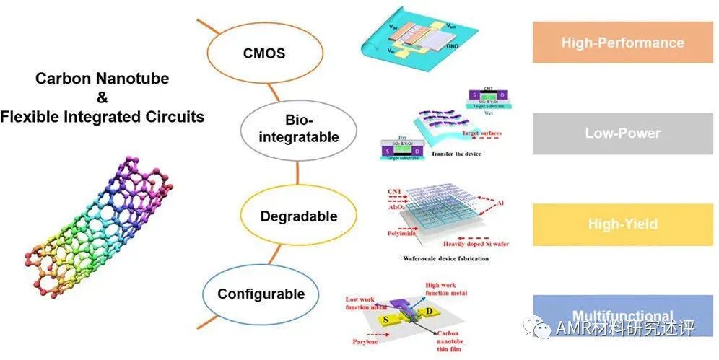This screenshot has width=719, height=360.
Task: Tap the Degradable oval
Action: pos(299,216)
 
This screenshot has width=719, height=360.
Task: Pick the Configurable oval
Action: pos(261,294)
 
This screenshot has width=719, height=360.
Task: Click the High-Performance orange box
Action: pos(622,43)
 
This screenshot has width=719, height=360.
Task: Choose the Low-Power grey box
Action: pos(622,133)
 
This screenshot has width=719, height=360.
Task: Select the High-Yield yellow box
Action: pos(622,224)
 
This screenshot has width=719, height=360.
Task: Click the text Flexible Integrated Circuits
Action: pos(102,116)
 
